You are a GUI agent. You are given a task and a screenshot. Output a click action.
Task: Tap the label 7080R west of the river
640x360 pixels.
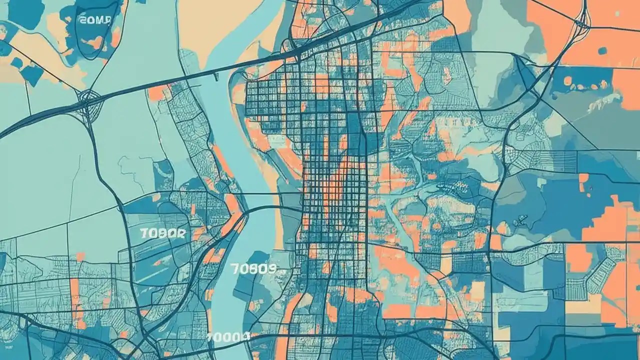point(163,233)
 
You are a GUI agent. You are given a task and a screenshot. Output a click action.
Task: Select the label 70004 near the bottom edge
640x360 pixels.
point(228,337)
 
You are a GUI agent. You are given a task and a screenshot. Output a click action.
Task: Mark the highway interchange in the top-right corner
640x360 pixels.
point(581,22)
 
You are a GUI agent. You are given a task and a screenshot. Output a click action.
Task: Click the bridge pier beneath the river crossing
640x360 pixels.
point(216,76)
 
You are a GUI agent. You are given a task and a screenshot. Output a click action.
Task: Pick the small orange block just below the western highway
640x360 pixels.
point(159,93)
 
